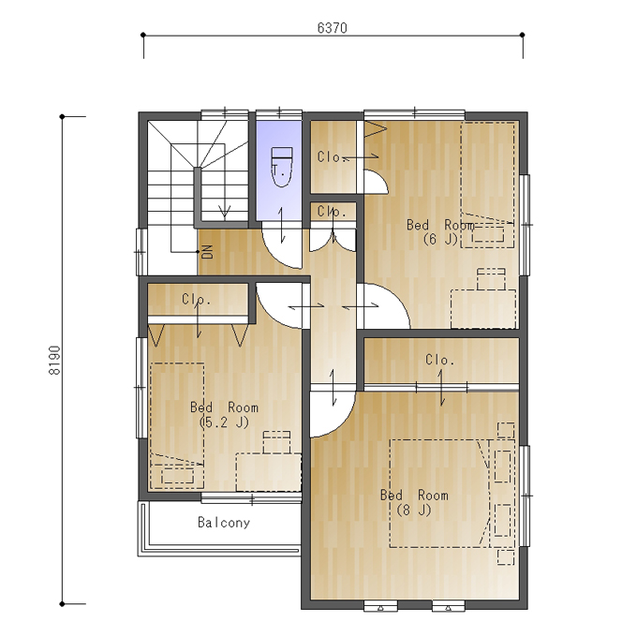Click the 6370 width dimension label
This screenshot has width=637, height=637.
click(332, 28)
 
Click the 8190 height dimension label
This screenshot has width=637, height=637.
click(54, 361)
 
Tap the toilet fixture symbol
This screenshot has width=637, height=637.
click(282, 167)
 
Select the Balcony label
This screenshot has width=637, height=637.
click(224, 522)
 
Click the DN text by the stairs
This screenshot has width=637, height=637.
click(207, 251)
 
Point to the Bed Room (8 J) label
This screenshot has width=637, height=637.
click(414, 502)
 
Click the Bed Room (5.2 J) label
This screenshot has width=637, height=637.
click(224, 414)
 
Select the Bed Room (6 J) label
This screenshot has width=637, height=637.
click(441, 231)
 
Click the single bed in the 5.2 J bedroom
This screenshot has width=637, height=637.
click(177, 425)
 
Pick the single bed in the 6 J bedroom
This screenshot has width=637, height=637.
click(487, 185)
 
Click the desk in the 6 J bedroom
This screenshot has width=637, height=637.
click(483, 309)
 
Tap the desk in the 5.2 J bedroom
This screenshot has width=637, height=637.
click(269, 472)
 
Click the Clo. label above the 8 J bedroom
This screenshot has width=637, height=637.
click(440, 360)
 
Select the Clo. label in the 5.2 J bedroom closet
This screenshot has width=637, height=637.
click(197, 300)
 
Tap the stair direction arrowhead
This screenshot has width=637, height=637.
click(224, 212)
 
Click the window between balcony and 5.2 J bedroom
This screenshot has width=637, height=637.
click(252, 498)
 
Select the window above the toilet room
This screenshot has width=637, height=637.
click(279, 114)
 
